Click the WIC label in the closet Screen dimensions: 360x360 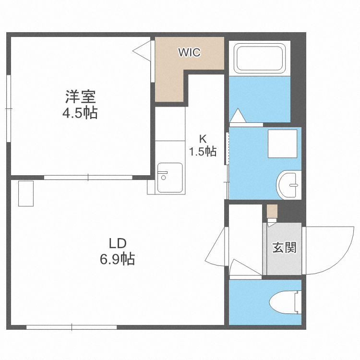pyautogui.click(x=189, y=52)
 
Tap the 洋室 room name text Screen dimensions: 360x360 pyautogui.click(x=81, y=97)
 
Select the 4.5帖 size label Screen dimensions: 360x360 pyautogui.click(x=81, y=113)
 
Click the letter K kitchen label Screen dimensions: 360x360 pyautogui.click(x=203, y=139)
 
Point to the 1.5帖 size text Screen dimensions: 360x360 pyautogui.click(x=202, y=152)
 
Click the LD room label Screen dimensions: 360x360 pyautogui.click(x=117, y=243)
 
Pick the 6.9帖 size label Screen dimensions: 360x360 pyautogui.click(x=117, y=259)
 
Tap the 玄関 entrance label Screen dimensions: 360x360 pyautogui.click(x=284, y=248)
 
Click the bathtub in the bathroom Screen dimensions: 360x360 pyautogui.click(x=260, y=58)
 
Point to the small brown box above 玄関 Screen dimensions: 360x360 pyautogui.click(x=272, y=211)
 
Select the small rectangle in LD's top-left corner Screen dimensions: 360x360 pyautogui.click(x=26, y=193)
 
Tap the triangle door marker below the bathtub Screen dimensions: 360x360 pyautogui.click(x=237, y=116)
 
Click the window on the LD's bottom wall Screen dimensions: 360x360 pyautogui.click(x=72, y=327)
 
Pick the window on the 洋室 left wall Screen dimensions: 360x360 pyautogui.click(x=8, y=109)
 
